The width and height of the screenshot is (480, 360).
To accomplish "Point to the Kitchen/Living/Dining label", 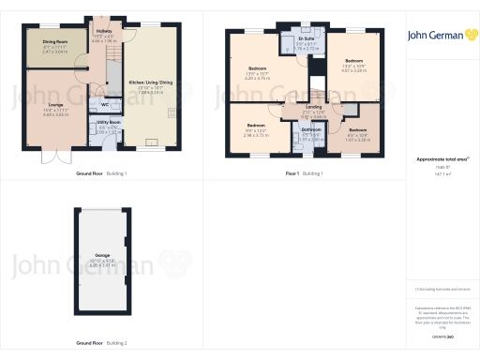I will coord(151,82).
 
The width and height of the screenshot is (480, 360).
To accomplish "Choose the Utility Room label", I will coord(110,122).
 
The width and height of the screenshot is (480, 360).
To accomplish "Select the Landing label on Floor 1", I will coord(313,106).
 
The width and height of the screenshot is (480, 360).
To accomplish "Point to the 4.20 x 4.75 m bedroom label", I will coord(257,68).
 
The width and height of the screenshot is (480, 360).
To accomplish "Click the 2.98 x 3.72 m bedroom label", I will coord(256,125).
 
